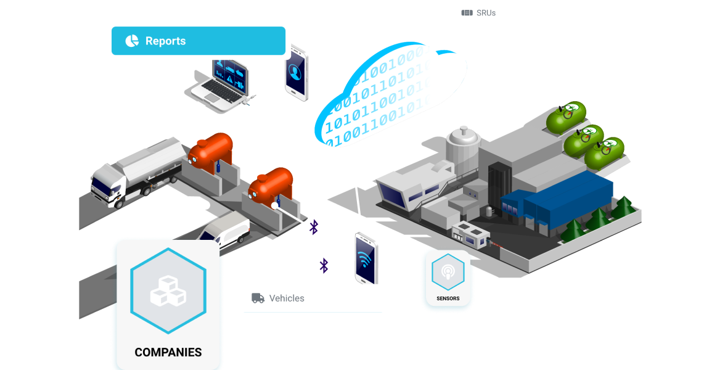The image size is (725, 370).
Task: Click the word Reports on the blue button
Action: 165,41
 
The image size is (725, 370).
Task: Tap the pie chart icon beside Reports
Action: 132,41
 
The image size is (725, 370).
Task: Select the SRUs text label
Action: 486,13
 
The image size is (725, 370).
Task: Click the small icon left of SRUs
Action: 467,13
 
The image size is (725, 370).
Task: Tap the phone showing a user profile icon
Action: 296,73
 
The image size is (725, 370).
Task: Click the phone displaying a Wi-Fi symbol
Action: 366,258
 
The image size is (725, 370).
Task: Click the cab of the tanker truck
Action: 109,185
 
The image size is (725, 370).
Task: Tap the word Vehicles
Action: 287,298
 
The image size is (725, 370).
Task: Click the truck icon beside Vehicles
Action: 258,298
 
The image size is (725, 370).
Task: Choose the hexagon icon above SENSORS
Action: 448,272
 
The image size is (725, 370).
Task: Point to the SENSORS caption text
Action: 448,298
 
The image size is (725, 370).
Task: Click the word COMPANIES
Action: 168,353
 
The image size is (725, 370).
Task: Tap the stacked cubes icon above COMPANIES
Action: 168,291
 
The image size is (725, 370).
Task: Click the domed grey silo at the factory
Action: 463,147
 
